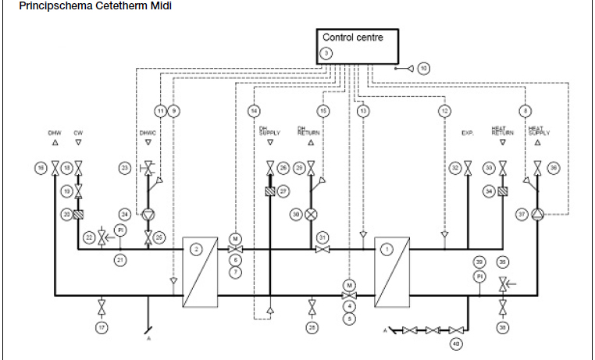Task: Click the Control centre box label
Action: click(x=353, y=37)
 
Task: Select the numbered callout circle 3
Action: click(x=326, y=53)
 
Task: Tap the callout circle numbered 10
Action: click(x=423, y=68)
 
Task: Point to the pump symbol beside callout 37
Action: click(x=537, y=213)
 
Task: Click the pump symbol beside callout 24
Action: click(x=148, y=213)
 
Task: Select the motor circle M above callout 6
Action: click(x=235, y=238)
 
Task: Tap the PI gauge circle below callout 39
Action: click(x=480, y=276)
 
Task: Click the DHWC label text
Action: click(x=148, y=134)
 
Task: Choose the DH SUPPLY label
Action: click(x=269, y=130)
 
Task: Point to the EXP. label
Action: click(x=468, y=134)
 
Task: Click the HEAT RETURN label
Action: click(x=501, y=130)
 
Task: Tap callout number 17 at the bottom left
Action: click(x=102, y=328)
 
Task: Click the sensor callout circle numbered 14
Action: click(x=254, y=111)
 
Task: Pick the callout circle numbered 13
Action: click(x=362, y=111)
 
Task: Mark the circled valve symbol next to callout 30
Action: click(x=312, y=213)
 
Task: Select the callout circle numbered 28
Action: click(x=312, y=328)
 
